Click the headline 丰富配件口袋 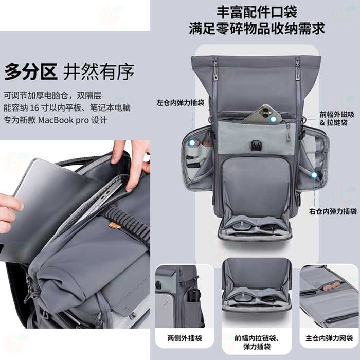pyautogui.click(x=257, y=12)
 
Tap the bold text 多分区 pyautogui.click(x=30, y=71)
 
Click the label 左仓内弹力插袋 pyautogui.click(x=180, y=103)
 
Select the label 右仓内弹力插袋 pyautogui.click(x=333, y=211)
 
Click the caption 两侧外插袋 pyautogui.click(x=185, y=338)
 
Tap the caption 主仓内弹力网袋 pyautogui.click(x=329, y=338)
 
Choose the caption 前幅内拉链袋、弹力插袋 pyautogui.click(x=257, y=342)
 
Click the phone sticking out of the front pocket pyautogui.click(x=263, y=114)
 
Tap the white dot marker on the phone pyautogui.click(x=273, y=119)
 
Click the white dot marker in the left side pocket pyautogui.click(x=192, y=143)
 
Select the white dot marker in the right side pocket pyautogui.click(x=314, y=175)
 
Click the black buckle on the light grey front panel pyautogui.click(x=255, y=146)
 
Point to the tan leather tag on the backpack pyautogui.click(x=115, y=225)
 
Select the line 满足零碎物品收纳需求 pyautogui.click(x=257, y=28)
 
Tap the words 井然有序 pyautogui.click(x=99, y=71)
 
